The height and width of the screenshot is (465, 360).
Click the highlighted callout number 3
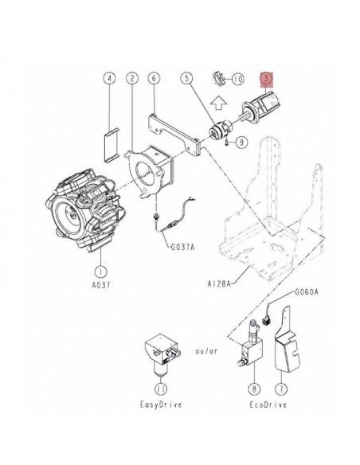tap(266, 79)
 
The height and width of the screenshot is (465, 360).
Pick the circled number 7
tap(280, 390)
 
